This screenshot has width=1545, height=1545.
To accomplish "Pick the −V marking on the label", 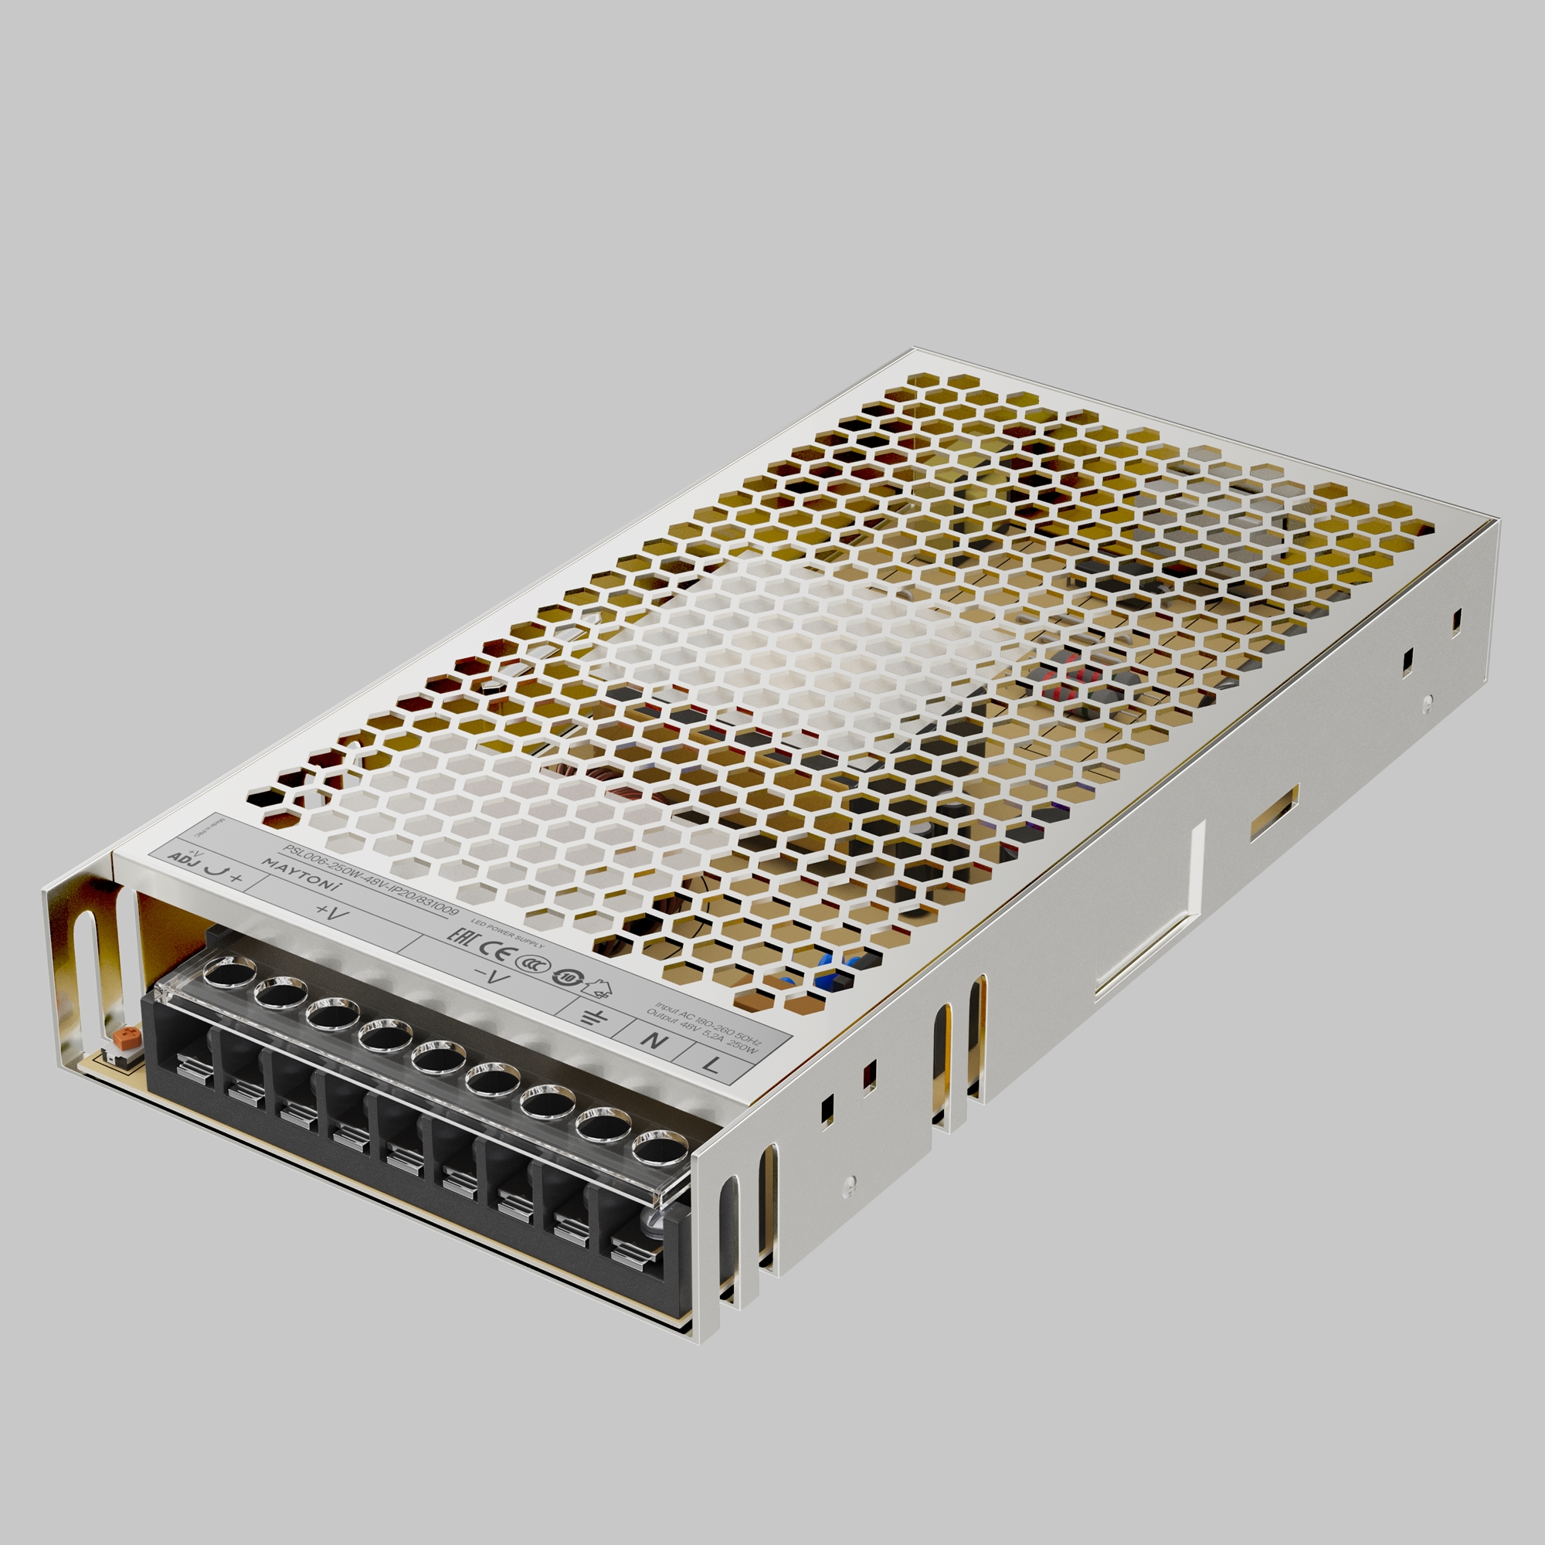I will [x=492, y=976].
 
